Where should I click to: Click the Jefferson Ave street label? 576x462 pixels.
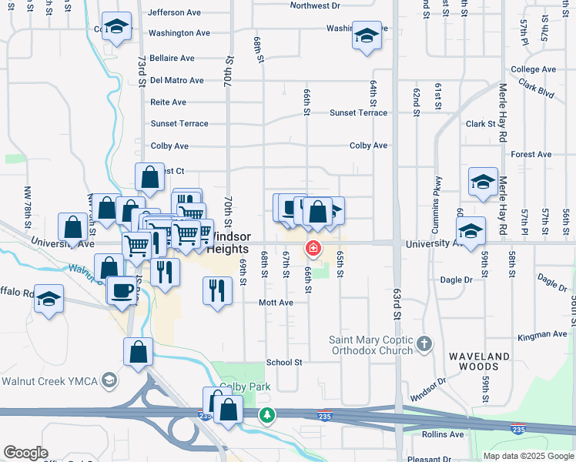click(174, 13)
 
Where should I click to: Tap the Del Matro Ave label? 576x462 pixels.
click(177, 80)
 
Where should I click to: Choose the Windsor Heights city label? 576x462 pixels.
click(229, 243)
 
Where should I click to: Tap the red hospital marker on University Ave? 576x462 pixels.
click(313, 248)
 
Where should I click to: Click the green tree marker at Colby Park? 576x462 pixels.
click(266, 414)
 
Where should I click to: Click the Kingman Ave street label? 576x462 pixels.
click(542, 334)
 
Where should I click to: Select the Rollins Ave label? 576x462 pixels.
click(443, 434)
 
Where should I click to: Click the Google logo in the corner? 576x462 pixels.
click(25, 453)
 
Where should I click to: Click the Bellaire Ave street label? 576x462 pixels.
click(172, 58)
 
